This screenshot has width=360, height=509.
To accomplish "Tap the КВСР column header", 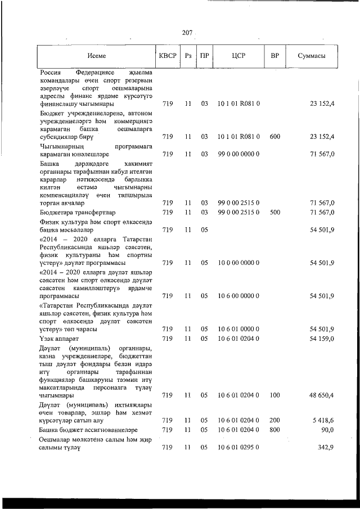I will (x=167, y=56).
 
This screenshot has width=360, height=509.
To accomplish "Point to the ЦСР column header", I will (x=238, y=56).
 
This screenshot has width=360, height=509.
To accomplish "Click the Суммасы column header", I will (x=310, y=56).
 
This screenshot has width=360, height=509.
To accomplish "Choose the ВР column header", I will (x=274, y=56).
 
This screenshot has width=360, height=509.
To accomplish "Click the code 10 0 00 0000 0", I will (x=238, y=263).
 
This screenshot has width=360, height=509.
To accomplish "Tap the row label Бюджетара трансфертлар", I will (x=78, y=212).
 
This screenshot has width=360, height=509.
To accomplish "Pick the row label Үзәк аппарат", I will (x=60, y=339).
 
